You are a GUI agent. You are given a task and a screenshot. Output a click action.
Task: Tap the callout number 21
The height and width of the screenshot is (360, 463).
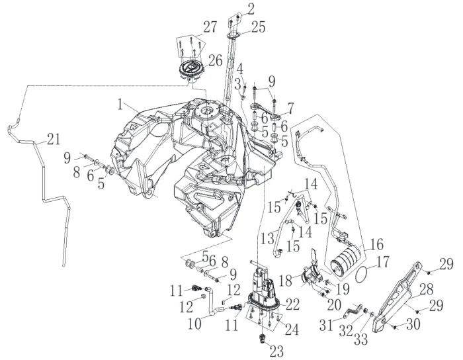52,139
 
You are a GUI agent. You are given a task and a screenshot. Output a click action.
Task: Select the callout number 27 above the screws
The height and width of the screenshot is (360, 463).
210,27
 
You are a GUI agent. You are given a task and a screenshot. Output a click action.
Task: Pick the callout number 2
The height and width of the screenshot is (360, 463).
251,8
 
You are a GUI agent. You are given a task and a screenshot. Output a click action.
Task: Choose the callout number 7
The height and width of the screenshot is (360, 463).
290,106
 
